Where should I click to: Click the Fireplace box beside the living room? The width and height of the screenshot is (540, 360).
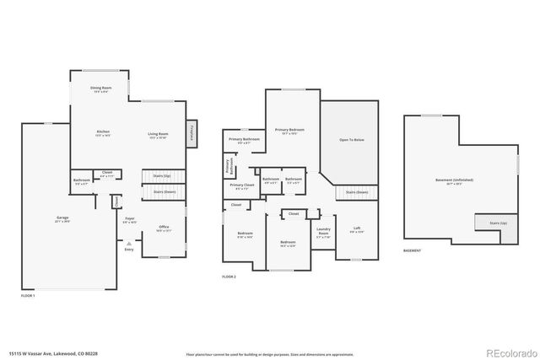click(x=192, y=132)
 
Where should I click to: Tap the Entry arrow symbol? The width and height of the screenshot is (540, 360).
click(x=129, y=243)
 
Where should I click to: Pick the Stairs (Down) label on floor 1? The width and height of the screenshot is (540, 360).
click(x=164, y=191)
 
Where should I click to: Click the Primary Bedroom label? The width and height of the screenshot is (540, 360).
click(x=289, y=131)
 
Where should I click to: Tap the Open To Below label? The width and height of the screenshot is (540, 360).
click(x=351, y=140)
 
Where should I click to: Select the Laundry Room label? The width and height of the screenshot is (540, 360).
click(x=323, y=231)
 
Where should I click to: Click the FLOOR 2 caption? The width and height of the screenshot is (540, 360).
click(x=229, y=277)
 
